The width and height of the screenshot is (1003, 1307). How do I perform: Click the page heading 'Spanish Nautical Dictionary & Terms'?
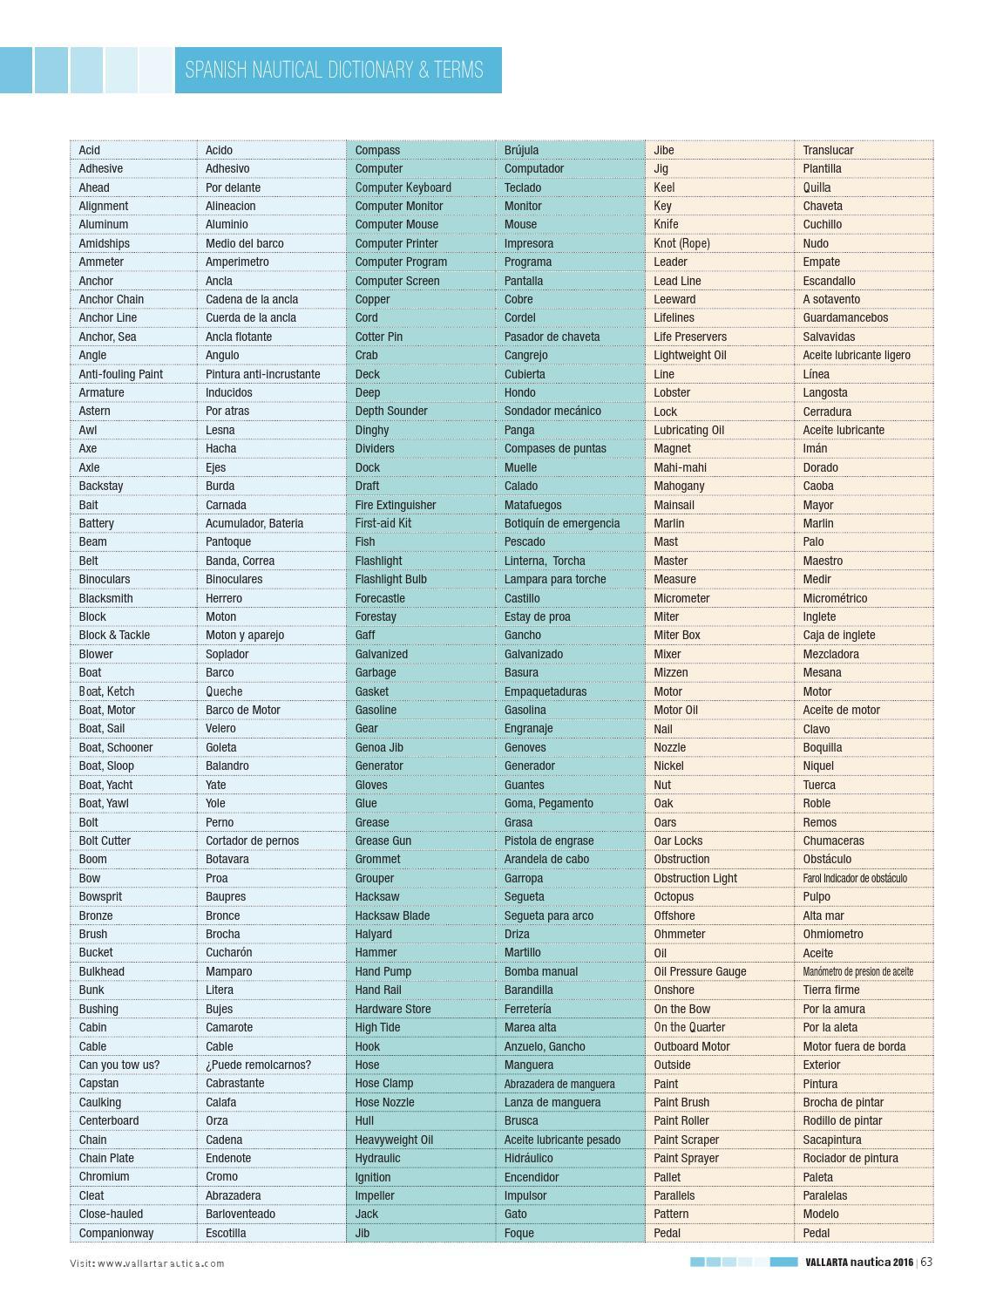pyautogui.click(x=334, y=70)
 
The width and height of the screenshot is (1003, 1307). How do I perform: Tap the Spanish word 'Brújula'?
pyautogui.click(x=521, y=150)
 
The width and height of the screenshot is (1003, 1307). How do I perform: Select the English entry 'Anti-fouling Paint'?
pyautogui.click(x=120, y=374)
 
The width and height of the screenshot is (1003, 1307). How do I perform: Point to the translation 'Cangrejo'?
pyautogui.click(x=525, y=355)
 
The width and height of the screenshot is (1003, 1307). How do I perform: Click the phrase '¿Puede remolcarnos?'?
pyautogui.click(x=258, y=1065)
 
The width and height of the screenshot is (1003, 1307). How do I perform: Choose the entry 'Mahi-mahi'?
pyautogui.click(x=680, y=467)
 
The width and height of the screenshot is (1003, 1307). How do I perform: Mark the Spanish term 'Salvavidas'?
pyautogui.click(x=829, y=337)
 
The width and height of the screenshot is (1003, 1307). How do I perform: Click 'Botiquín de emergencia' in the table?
pyautogui.click(x=562, y=523)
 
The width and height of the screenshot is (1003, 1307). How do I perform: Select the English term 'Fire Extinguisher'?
pyautogui.click(x=395, y=505)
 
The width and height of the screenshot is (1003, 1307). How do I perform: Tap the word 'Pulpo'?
pyautogui.click(x=817, y=896)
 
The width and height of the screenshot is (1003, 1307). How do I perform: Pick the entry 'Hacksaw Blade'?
pyautogui.click(x=392, y=916)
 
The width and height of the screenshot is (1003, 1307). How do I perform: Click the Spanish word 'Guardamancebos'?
pyautogui.click(x=845, y=317)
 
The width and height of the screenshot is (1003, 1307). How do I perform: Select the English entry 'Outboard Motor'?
pyautogui.click(x=692, y=1046)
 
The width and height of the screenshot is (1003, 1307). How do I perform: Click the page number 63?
pyautogui.click(x=926, y=1262)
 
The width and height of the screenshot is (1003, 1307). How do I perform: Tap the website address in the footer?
pyautogui.click(x=147, y=1263)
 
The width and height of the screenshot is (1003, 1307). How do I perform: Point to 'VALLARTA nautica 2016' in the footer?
pyautogui.click(x=858, y=1262)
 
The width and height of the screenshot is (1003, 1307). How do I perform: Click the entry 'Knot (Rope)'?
pyautogui.click(x=681, y=243)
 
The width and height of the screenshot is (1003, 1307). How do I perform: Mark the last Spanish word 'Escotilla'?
pyautogui.click(x=226, y=1233)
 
